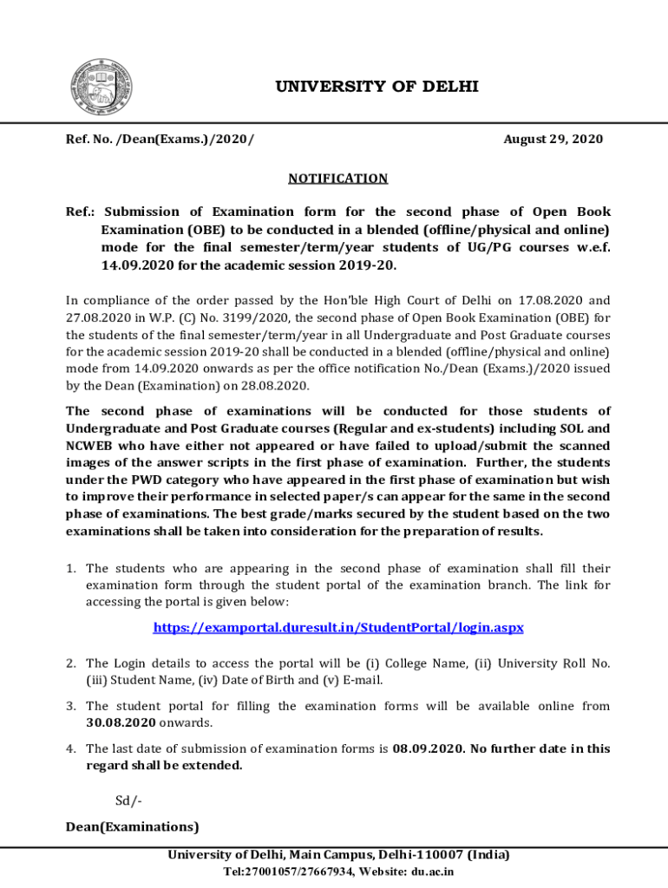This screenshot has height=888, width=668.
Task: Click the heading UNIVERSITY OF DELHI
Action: coord(377,87)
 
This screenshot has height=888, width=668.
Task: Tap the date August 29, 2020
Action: coord(553,140)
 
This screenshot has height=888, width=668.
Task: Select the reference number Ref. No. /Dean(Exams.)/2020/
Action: coord(160,140)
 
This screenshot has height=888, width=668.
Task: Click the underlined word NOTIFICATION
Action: coord(337,179)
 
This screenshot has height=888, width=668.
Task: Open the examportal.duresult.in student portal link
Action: coord(338,627)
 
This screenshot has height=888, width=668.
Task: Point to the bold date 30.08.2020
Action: coord(121,721)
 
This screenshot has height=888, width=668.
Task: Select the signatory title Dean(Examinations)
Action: coord(133,826)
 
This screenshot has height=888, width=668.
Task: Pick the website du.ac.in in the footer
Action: coord(432,872)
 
